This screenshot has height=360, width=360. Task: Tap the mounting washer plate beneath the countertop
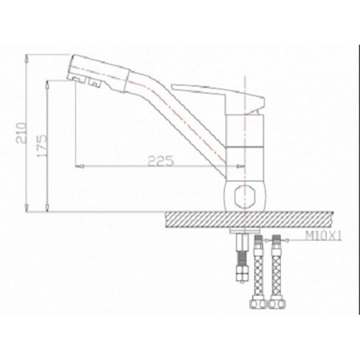[x=245, y=230]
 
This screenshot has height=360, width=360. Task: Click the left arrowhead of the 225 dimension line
[x=77, y=166]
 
